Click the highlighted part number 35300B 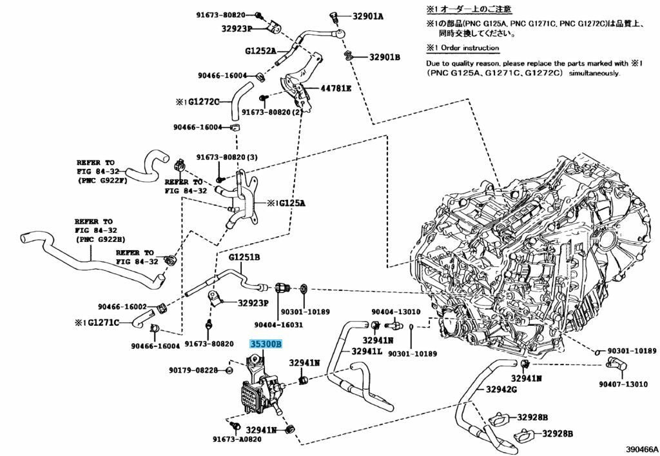[x=266, y=345]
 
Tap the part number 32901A [x=368, y=16]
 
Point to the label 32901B [x=385, y=57]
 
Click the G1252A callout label [x=260, y=50]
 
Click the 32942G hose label [x=501, y=390]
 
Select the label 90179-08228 [x=193, y=370]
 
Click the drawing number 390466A [x=641, y=449]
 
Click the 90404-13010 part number [x=400, y=312]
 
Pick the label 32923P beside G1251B [x=253, y=303]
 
